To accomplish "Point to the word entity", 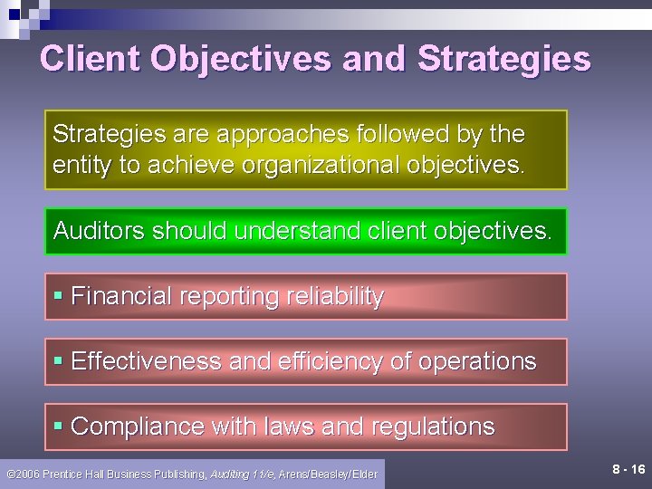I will pyautogui.click(x=80, y=166).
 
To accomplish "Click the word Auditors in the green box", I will pyautogui.click(x=100, y=231).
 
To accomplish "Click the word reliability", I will pyautogui.click(x=336, y=296).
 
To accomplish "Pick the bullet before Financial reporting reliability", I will pyautogui.click(x=58, y=297).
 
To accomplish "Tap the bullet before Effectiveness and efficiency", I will pyautogui.click(x=58, y=362).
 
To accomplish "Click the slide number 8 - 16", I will pyautogui.click(x=628, y=469).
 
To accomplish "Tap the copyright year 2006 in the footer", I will pyautogui.click(x=28, y=474).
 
